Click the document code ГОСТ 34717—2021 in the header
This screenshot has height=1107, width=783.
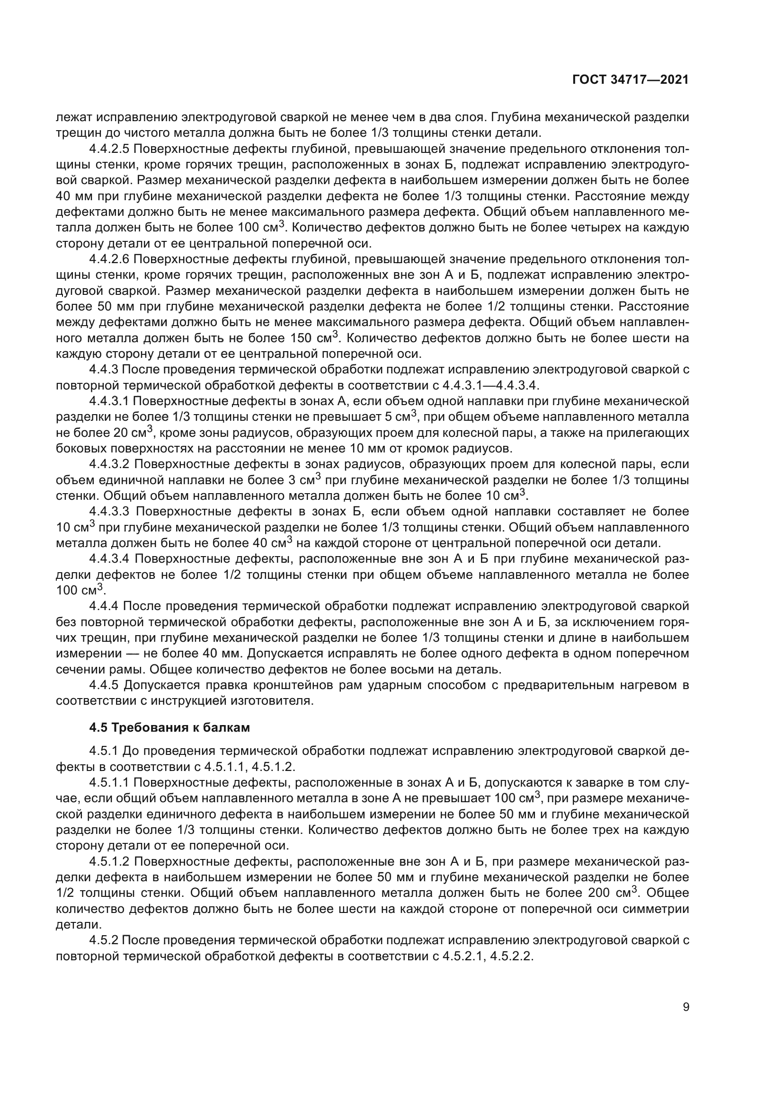click(630, 80)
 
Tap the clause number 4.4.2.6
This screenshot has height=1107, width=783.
click(109, 259)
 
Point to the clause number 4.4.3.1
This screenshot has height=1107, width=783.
click(109, 401)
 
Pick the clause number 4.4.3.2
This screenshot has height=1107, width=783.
click(109, 464)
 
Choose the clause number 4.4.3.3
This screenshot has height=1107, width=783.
click(109, 512)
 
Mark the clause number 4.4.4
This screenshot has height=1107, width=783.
click(105, 606)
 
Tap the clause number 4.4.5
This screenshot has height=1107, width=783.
click(105, 685)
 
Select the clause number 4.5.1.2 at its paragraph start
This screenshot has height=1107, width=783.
click(109, 861)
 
